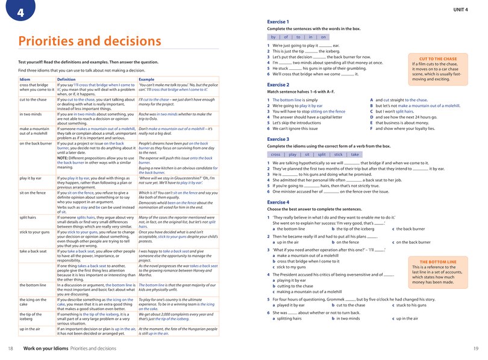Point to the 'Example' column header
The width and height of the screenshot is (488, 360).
pyautogui.click(x=147, y=79)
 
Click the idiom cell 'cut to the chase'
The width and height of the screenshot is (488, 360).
pyautogui.click(x=33, y=99)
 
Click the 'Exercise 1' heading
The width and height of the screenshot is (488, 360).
pyautogui.click(x=278, y=22)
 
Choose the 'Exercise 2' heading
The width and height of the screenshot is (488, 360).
pyautogui.click(x=278, y=85)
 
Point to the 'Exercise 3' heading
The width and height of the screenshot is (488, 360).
pyautogui.click(x=278, y=139)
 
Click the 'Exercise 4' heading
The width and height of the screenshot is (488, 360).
pyautogui.click(x=278, y=202)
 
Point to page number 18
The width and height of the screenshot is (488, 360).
pyautogui.click(x=11, y=349)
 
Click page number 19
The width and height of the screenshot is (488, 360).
pyautogui.click(x=475, y=349)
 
